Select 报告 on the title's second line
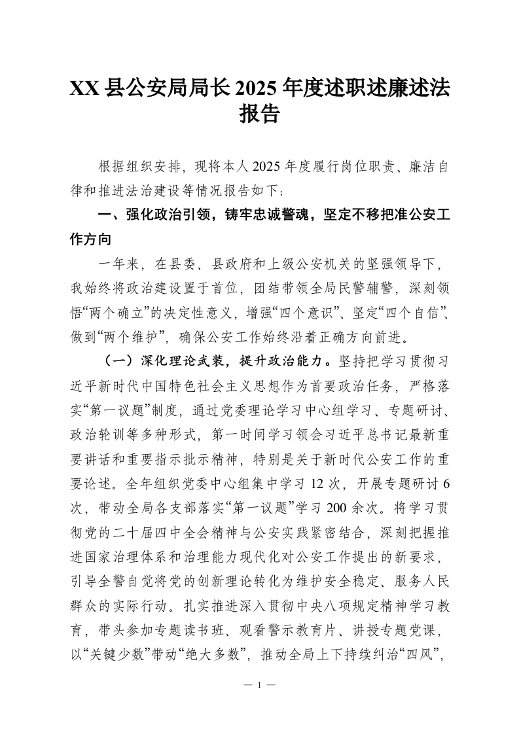(260, 115)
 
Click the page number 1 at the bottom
(259, 686)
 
